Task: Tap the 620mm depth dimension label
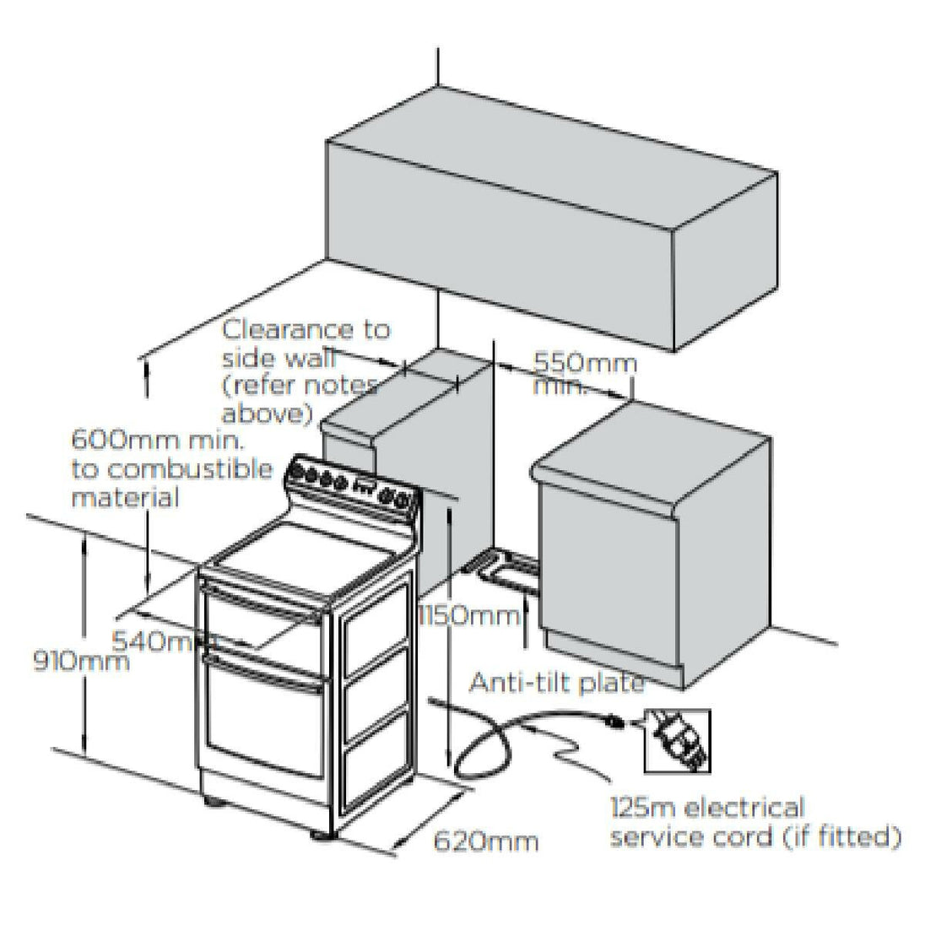click(x=484, y=841)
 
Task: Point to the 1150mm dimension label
click(x=469, y=615)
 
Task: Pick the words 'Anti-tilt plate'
click(x=556, y=682)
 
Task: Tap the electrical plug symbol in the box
click(x=677, y=740)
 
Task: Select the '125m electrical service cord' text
click(x=752, y=822)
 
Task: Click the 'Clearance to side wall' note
click(x=304, y=371)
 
